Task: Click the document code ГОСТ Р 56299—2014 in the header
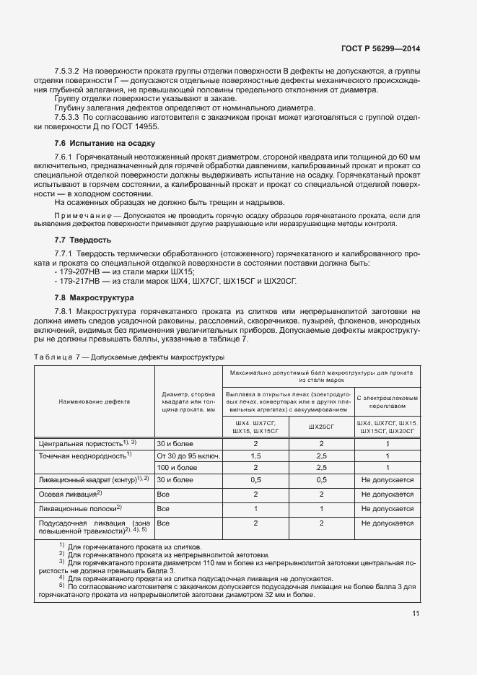(x=380, y=48)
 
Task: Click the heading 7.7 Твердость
(x=83, y=239)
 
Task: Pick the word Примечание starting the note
(x=79, y=215)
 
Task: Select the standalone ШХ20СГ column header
(x=321, y=427)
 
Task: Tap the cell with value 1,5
(x=255, y=456)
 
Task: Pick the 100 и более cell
(x=175, y=467)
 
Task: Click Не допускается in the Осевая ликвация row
(x=387, y=495)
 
